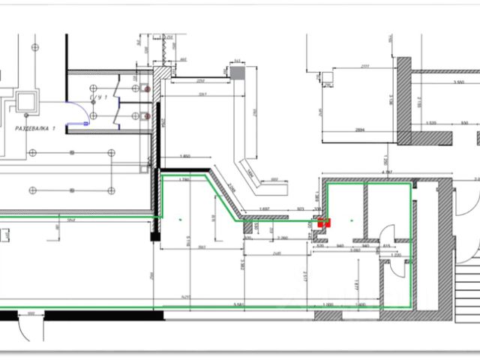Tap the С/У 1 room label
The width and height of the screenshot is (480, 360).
pyautogui.click(x=100, y=98)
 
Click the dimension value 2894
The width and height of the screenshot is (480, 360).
pyautogui.click(x=360, y=129)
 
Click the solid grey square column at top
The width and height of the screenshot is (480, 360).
pyautogui.click(x=237, y=73)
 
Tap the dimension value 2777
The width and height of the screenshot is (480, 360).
pyautogui.click(x=364, y=67)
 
